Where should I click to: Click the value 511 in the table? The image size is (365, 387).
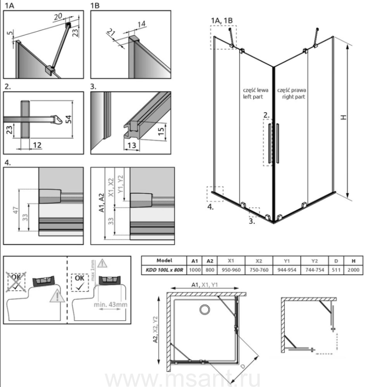pyautogui.click(x=336, y=270)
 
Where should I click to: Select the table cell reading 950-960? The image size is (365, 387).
pyautogui.click(x=231, y=270)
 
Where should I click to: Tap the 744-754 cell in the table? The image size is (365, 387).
pyautogui.click(x=314, y=270)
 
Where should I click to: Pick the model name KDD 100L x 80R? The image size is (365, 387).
pyautogui.click(x=164, y=270)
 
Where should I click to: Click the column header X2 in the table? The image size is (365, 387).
pyautogui.click(x=259, y=260)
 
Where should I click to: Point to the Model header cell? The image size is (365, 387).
pyautogui.click(x=164, y=260)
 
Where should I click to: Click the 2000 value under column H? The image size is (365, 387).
pyautogui.click(x=353, y=270)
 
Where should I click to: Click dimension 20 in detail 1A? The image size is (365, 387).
pyautogui.click(x=59, y=16)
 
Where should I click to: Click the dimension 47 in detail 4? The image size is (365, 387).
pyautogui.click(x=15, y=211)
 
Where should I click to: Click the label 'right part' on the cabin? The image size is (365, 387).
pyautogui.click(x=294, y=97)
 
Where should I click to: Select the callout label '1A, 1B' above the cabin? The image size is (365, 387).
pyautogui.click(x=222, y=20)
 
